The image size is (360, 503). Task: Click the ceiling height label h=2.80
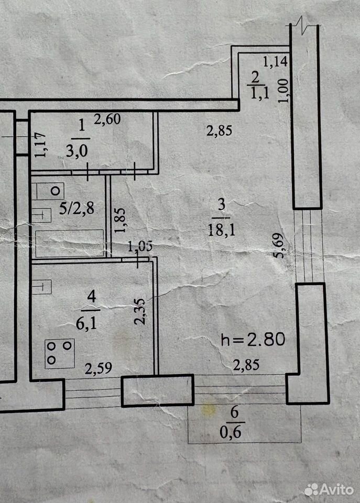coord(253,340)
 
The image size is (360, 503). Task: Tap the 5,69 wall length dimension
coord(278,245)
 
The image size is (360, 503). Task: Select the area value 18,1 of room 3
coord(221,229)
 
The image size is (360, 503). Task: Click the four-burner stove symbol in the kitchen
coord(60,354)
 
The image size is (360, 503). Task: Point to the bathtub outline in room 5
coord(69,243)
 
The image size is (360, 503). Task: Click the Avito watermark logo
coord(329,489)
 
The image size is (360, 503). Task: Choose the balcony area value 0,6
coord(231,432)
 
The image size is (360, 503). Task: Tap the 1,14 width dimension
coord(275,61)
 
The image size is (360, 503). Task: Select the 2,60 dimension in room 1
coord(107,119)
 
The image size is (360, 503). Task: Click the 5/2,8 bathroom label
coord(77,209)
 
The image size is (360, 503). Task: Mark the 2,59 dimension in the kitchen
coord(98,368)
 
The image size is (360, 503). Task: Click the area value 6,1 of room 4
coord(86,324)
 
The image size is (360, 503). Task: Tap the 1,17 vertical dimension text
coord(41,145)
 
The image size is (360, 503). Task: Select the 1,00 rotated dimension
coord(283,91)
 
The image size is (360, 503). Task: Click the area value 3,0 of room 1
coord(77,151)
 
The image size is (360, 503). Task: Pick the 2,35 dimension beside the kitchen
coord(140,312)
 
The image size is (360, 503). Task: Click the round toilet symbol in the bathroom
coord(56,191)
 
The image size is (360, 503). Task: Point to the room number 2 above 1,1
coord(256,78)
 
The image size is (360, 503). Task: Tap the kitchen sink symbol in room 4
coord(42,287)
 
